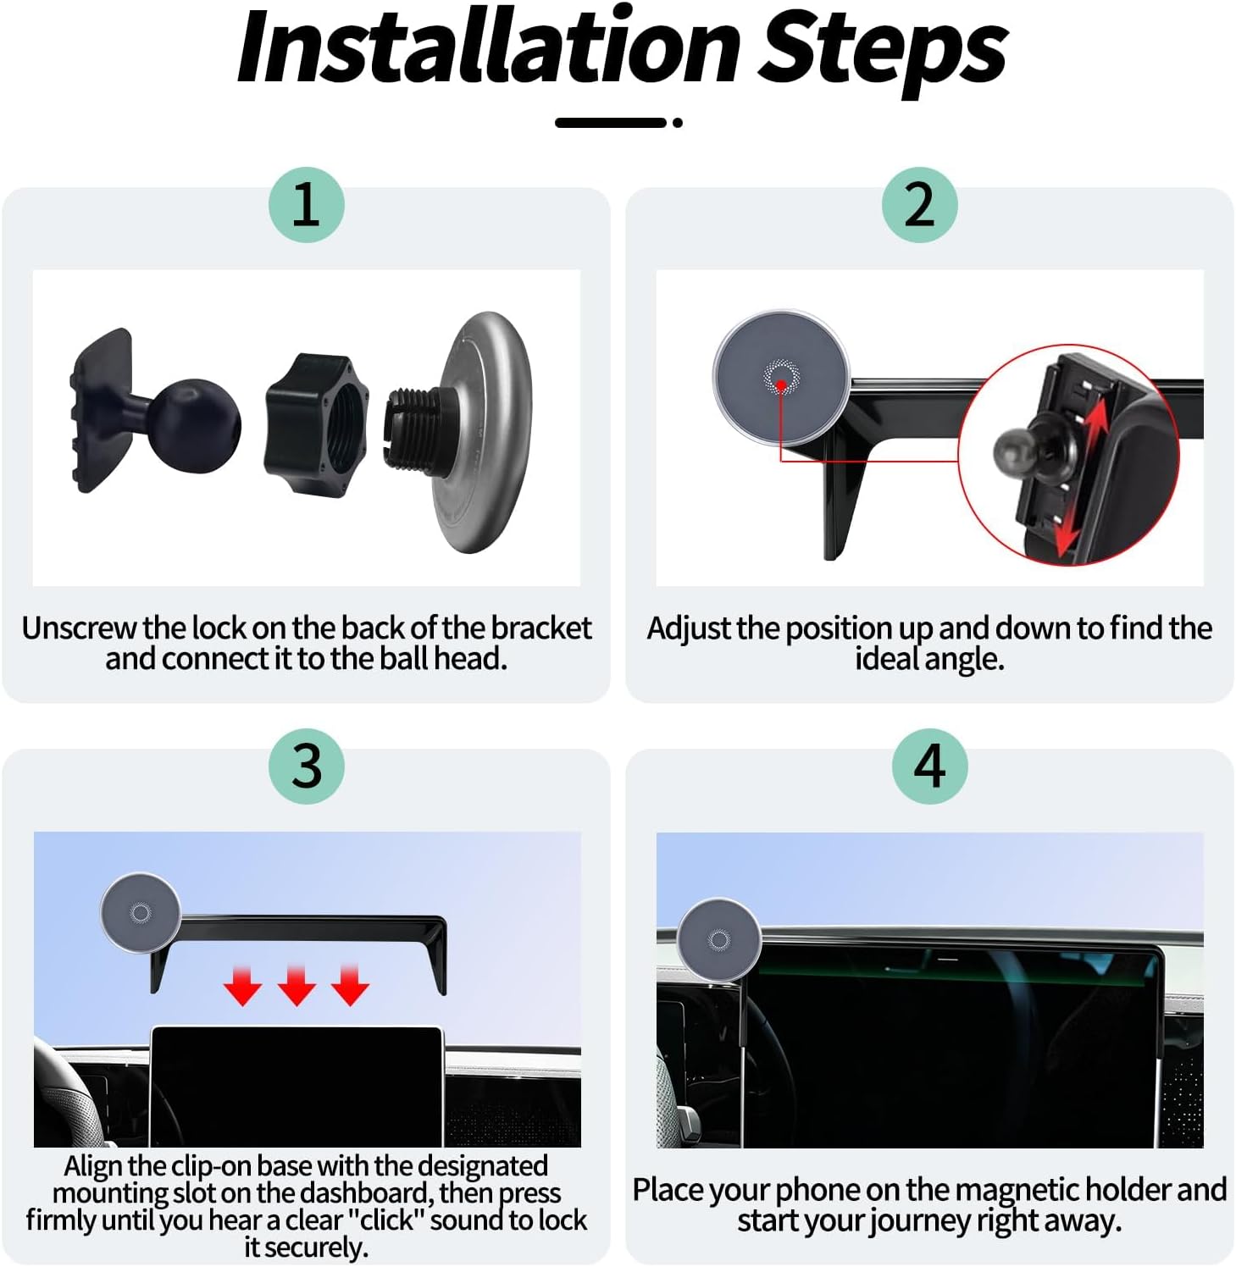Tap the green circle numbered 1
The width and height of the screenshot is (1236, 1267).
306,204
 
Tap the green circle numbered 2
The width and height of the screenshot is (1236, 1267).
919,204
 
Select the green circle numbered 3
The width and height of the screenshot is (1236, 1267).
306,766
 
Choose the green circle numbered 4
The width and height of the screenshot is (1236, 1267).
929,766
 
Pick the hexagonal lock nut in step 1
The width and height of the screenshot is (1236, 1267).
319,425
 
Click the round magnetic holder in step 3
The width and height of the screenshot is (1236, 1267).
140,912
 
